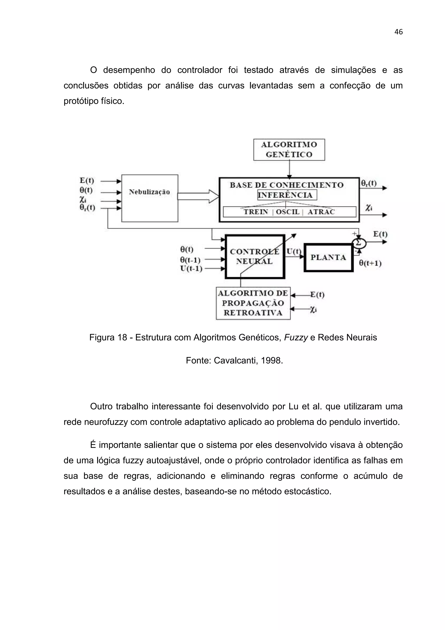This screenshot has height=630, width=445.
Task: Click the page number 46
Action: click(398, 32)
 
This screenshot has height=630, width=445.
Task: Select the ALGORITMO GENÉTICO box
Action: click(289, 150)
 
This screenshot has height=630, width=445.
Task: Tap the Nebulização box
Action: click(150, 198)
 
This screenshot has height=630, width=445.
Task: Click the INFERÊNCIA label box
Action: click(287, 195)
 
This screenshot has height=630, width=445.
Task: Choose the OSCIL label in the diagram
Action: click(288, 212)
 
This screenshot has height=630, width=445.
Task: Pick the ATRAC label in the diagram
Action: click(321, 212)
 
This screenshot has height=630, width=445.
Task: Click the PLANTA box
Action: click(328, 257)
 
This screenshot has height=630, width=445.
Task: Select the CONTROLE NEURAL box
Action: click(255, 257)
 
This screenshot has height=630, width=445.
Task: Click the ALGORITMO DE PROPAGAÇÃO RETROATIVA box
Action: click(253, 303)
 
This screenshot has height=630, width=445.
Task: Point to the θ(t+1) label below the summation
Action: click(370, 263)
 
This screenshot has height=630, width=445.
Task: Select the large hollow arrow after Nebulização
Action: click(198, 196)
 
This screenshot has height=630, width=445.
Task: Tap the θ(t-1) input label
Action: click(190, 260)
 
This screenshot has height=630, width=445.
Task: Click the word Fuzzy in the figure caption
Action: click(296, 337)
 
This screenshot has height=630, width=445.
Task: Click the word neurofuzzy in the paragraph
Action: click(106, 422)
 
